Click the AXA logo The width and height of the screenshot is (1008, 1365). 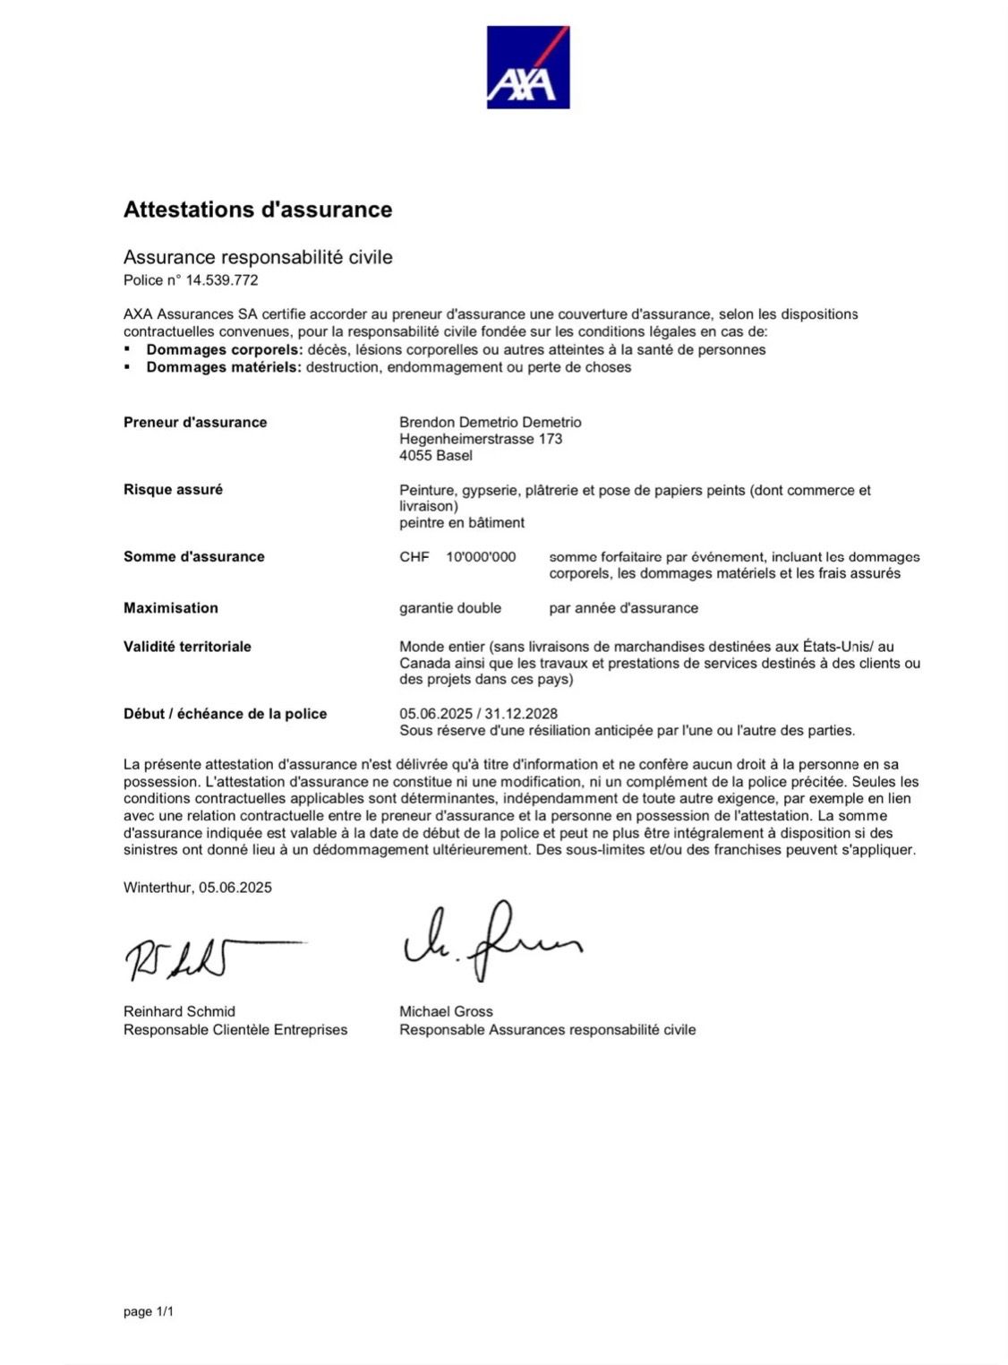coord(527,67)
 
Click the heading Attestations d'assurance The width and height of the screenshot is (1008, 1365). coord(258,210)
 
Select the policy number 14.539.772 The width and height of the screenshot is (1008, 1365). coord(222,280)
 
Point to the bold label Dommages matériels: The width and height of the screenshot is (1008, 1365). coord(224,367)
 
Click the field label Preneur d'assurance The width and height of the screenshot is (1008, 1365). coord(195,423)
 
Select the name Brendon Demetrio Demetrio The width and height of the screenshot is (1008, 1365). coord(490,423)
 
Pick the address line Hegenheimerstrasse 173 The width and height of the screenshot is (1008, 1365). coord(481,439)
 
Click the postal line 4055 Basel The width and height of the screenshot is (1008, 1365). coord(436,456)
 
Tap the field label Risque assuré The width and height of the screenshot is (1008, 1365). coord(173,490)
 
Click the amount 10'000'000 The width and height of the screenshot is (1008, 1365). coord(481,557)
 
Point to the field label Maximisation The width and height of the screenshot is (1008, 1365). coord(171,608)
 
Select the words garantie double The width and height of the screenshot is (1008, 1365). coord(450,608)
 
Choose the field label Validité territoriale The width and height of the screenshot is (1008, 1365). coord(187,647)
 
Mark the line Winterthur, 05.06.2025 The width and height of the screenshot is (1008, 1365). coord(198,888)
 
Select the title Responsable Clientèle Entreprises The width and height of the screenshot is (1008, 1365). coord(235,1030)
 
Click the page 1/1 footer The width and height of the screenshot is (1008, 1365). coord(149,1312)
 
